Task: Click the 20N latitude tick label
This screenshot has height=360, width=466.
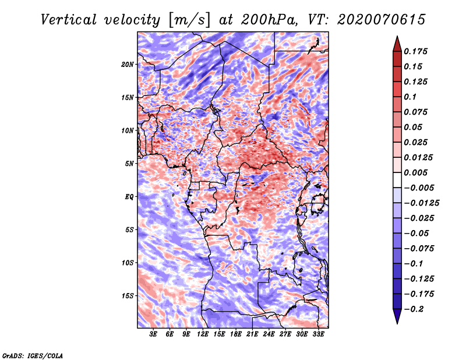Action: (128, 65)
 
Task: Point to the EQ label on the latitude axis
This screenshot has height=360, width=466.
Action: (129, 197)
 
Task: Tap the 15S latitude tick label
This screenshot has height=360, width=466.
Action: (128, 296)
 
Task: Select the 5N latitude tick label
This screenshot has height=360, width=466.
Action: (129, 164)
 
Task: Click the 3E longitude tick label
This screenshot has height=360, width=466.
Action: (153, 334)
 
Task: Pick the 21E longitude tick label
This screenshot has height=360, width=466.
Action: (252, 334)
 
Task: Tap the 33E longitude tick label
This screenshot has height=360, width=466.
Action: (318, 334)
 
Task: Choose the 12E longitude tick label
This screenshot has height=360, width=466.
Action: (202, 334)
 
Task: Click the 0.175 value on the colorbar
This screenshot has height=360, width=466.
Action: (415, 52)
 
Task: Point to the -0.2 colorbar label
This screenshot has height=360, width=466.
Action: (414, 309)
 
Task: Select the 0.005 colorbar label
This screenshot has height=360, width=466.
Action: (415, 172)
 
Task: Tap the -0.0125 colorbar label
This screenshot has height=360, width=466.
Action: (421, 203)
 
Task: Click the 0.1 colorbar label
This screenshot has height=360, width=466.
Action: (410, 97)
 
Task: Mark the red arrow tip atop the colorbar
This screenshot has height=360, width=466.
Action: (397, 36)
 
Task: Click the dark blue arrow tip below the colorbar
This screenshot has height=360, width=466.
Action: (397, 323)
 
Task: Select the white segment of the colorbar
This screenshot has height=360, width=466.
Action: (397, 180)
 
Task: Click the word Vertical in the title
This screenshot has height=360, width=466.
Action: (69, 20)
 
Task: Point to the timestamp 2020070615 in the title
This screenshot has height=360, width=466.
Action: (382, 20)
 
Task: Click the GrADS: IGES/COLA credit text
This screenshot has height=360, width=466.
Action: (33, 356)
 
